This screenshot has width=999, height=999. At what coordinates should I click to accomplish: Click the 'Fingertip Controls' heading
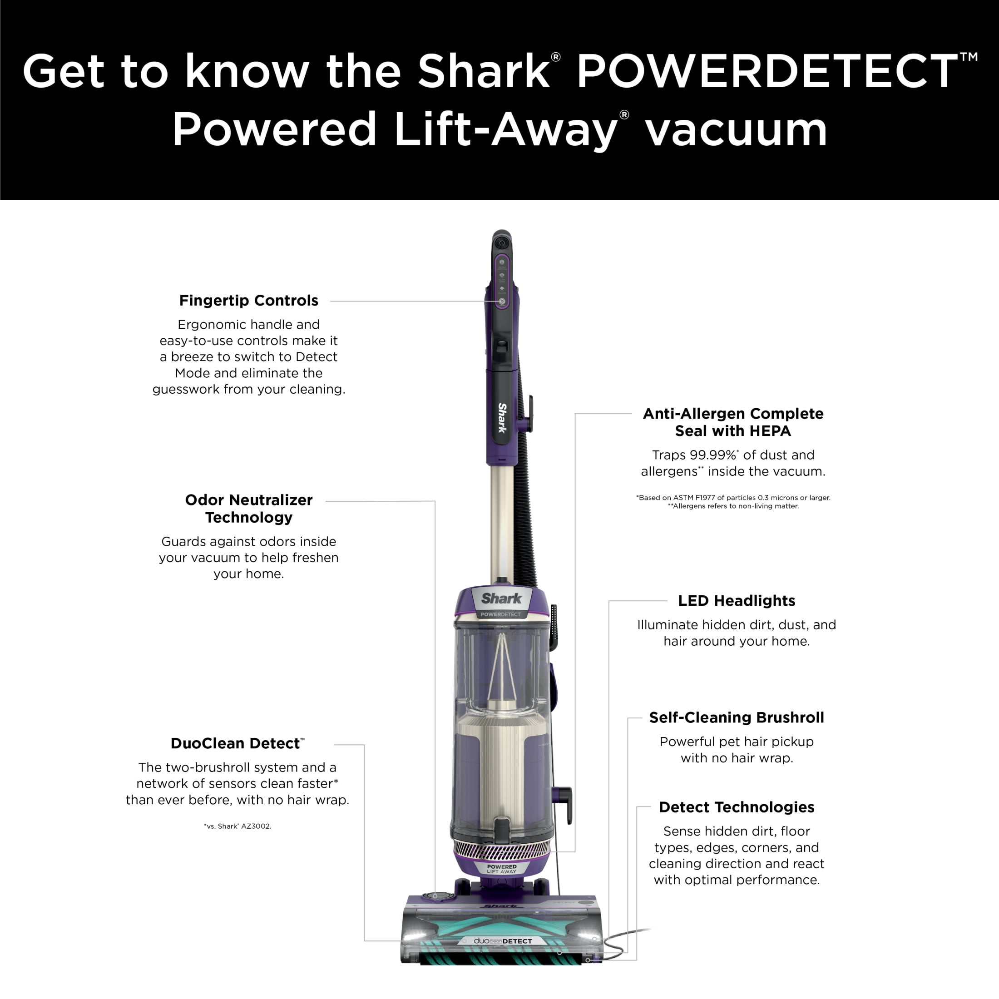pyautogui.click(x=249, y=301)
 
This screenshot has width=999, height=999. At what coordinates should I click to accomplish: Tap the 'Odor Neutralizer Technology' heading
pyautogui.click(x=249, y=508)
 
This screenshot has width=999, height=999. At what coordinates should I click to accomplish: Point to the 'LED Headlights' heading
pyautogui.click(x=737, y=600)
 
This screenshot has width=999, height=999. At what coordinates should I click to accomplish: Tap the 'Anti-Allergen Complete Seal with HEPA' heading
pyautogui.click(x=733, y=422)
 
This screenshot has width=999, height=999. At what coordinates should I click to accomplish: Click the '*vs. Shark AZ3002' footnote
pyautogui.click(x=237, y=826)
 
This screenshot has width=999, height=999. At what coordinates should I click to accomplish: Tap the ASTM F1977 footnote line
pyautogui.click(x=733, y=497)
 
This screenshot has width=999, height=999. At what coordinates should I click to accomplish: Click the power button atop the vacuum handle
pyautogui.click(x=501, y=243)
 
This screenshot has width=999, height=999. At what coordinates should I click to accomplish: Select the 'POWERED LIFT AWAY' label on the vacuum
pyautogui.click(x=501, y=869)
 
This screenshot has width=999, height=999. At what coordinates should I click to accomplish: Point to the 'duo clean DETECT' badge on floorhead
pyautogui.click(x=503, y=941)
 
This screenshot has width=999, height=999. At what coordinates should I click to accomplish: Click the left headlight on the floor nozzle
pyautogui.click(x=414, y=936)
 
